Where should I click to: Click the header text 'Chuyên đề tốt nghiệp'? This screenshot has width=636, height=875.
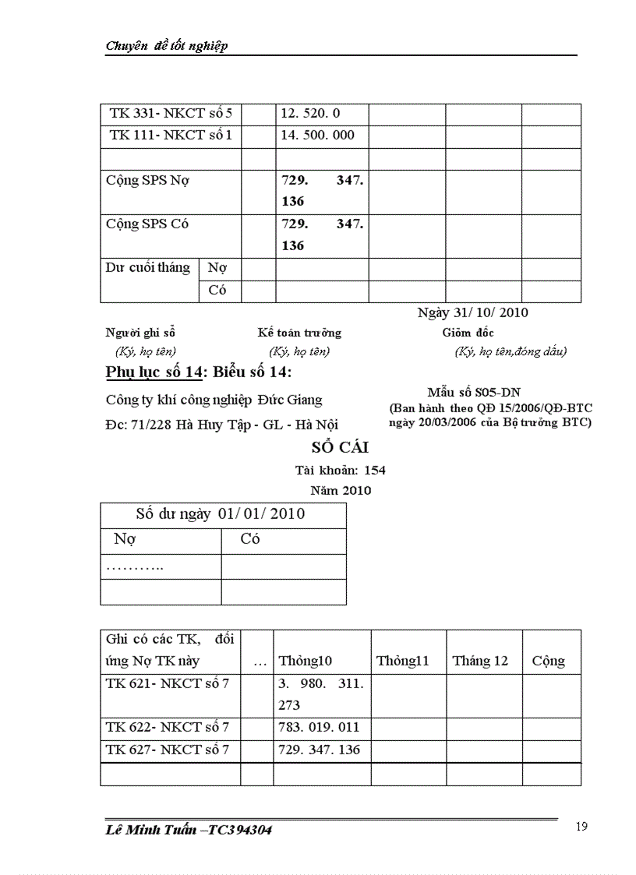pos(166,46)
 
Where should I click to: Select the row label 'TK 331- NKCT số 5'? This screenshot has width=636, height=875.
pos(171,114)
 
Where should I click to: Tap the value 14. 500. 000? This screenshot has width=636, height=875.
pos(317,135)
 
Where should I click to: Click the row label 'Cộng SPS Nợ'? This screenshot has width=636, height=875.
pos(147,180)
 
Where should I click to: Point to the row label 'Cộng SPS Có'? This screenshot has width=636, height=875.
pos(147,224)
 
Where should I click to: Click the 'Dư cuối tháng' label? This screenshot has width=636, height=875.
pos(148,267)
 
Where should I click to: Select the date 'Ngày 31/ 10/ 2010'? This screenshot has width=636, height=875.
pos(472,312)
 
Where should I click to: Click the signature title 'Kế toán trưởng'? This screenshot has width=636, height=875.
pos(299,333)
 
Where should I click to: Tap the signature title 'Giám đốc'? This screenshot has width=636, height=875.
pos(468,333)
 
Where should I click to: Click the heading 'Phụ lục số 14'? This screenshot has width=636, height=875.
pos(153,372)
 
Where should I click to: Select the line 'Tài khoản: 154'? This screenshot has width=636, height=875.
pos(340,470)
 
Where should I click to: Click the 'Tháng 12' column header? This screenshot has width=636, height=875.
pos(480,661)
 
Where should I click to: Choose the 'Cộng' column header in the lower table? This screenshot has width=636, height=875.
pos(549,661)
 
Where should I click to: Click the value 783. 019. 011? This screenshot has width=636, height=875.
pos(319,728)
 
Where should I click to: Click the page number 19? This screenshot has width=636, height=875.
pos(581,827)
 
